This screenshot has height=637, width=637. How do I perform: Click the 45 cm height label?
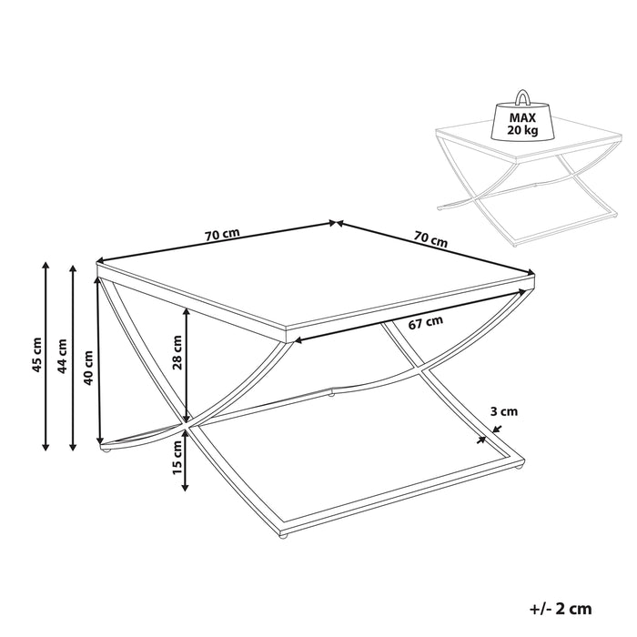point(37,355)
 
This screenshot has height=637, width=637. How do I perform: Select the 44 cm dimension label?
point(62,357)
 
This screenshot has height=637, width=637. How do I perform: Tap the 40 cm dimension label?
point(87,368)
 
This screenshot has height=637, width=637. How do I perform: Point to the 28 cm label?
point(177,353)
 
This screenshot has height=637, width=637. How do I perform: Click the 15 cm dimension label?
point(177,458)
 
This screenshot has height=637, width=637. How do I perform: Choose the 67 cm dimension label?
point(426,322)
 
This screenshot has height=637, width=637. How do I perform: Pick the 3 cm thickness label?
point(504,411)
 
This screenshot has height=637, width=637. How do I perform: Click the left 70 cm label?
point(222,235)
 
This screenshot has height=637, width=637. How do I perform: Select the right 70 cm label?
point(430,238)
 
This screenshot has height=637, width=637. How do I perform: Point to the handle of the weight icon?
point(522,97)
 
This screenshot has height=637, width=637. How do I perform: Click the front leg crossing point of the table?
point(187,425)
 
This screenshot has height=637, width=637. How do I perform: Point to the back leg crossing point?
point(418,369)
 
